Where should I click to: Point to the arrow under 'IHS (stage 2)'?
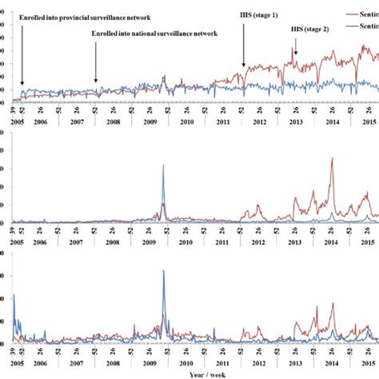(295, 53)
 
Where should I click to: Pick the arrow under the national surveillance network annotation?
(96, 62)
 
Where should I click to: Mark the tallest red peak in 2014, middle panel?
(332, 160)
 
